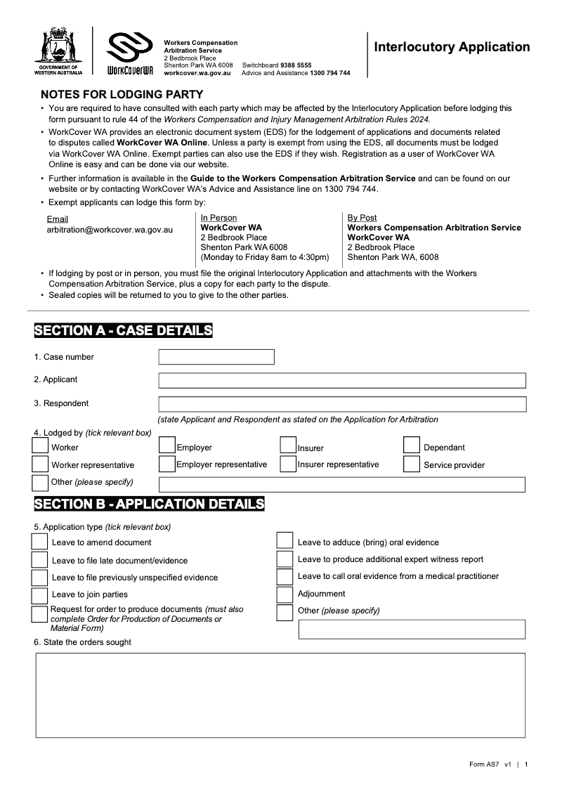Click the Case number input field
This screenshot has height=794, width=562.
(x=216, y=357)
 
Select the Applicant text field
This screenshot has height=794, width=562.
(x=342, y=380)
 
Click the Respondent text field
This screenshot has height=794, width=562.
(x=342, y=404)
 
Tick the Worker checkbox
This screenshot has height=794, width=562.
(x=41, y=445)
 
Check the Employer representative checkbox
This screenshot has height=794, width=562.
(x=166, y=464)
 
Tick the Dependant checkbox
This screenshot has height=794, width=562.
(x=412, y=445)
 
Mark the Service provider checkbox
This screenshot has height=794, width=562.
(x=412, y=464)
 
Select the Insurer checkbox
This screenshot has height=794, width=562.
(x=288, y=445)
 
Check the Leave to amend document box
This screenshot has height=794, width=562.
(x=39, y=542)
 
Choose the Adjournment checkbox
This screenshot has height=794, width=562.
(x=285, y=594)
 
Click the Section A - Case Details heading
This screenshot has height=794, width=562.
(x=123, y=330)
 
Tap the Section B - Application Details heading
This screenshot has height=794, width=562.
(x=149, y=504)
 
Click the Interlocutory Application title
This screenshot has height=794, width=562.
(x=452, y=47)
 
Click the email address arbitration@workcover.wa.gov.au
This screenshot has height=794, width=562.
(x=110, y=229)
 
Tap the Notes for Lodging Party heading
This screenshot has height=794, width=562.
(x=122, y=95)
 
